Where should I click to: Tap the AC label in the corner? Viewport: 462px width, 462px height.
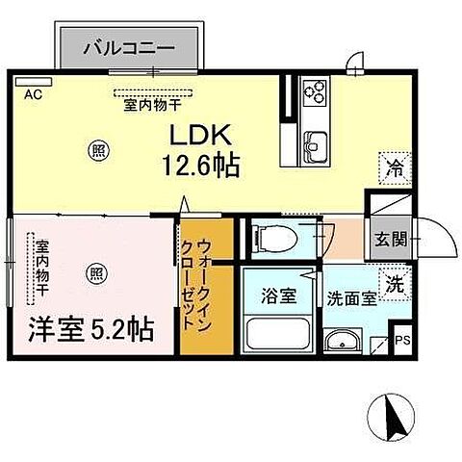[x=32, y=93]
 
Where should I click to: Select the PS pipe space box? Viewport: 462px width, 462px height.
[x=403, y=339]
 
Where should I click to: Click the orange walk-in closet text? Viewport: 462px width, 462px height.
[x=206, y=281]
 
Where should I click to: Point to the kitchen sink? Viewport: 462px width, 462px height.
[x=315, y=145]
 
